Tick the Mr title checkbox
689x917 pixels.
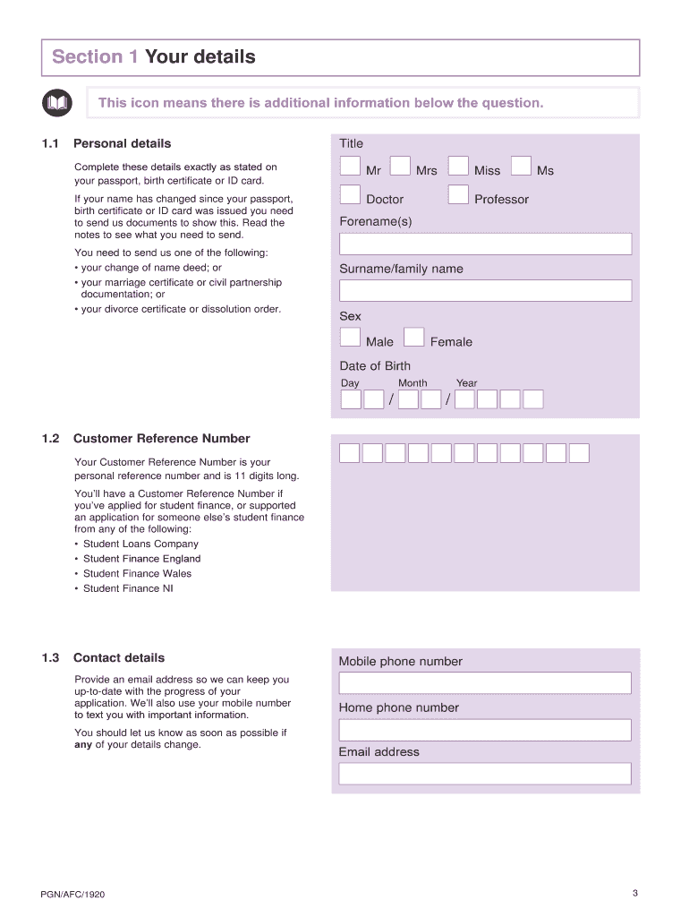[x=351, y=167]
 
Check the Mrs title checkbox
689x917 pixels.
[x=400, y=167]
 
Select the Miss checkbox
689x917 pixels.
[x=458, y=167]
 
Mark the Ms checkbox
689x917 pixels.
[x=521, y=167]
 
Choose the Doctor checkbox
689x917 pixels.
[x=351, y=195]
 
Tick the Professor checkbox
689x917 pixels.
[x=458, y=195]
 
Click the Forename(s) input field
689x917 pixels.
[x=485, y=244]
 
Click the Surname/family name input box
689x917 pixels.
[x=485, y=291]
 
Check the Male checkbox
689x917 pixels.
[x=351, y=338]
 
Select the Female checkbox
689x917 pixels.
[x=414, y=338]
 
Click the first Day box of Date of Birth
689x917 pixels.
[x=351, y=399]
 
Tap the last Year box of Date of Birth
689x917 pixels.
[x=533, y=399]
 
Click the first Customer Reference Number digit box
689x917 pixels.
[x=350, y=453]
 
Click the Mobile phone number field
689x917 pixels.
[x=485, y=683]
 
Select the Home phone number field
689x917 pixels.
[x=485, y=730]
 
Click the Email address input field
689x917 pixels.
[x=485, y=774]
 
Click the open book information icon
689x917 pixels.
[x=56, y=103]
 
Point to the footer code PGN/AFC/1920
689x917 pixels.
[x=79, y=895]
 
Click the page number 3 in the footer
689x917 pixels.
[x=634, y=893]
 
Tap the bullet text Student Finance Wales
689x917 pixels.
[x=137, y=574]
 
